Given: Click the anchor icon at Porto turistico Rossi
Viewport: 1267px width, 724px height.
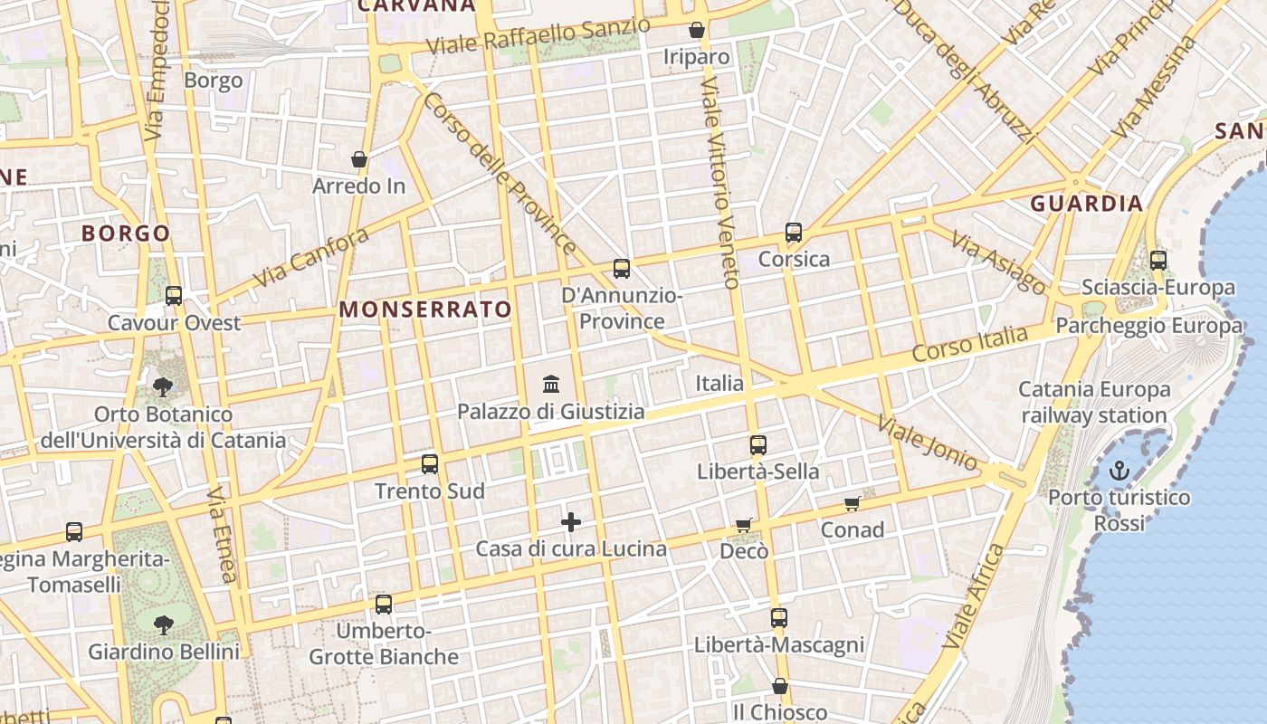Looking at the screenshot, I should tap(1119, 471).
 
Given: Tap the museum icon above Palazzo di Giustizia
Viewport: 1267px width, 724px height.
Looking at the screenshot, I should tap(551, 385).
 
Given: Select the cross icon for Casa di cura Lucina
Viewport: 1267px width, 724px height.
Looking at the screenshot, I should tap(571, 522).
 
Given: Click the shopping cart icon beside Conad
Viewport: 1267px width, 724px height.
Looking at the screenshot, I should tap(852, 503).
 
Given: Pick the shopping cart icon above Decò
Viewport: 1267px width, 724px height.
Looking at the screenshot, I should tap(744, 525).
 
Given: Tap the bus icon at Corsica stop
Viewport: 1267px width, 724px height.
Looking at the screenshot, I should tap(794, 233).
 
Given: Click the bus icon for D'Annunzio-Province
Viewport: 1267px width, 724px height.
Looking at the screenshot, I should tap(622, 269).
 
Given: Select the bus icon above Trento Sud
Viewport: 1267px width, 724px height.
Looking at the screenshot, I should tap(430, 464).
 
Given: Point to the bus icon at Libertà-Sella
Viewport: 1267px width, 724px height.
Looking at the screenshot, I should tap(758, 445).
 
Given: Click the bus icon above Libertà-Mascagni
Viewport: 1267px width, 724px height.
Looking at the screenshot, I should tap(779, 619).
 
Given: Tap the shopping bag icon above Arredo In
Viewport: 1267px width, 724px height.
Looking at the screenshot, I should tap(359, 159).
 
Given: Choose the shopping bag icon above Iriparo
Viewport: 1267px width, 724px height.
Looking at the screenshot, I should tap(697, 31).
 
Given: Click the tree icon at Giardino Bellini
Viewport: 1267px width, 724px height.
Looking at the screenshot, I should tap(164, 624).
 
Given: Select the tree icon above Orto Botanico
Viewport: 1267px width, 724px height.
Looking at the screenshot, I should tap(163, 387).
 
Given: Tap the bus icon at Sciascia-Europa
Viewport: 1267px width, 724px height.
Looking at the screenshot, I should tap(1158, 261).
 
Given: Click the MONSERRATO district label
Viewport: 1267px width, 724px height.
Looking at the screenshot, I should tap(425, 310).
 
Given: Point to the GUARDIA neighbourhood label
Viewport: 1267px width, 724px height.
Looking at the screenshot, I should tap(1087, 204).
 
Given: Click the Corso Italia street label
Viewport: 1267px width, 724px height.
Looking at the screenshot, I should tap(969, 345).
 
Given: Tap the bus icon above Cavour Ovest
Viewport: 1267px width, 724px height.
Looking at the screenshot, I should tap(174, 296).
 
